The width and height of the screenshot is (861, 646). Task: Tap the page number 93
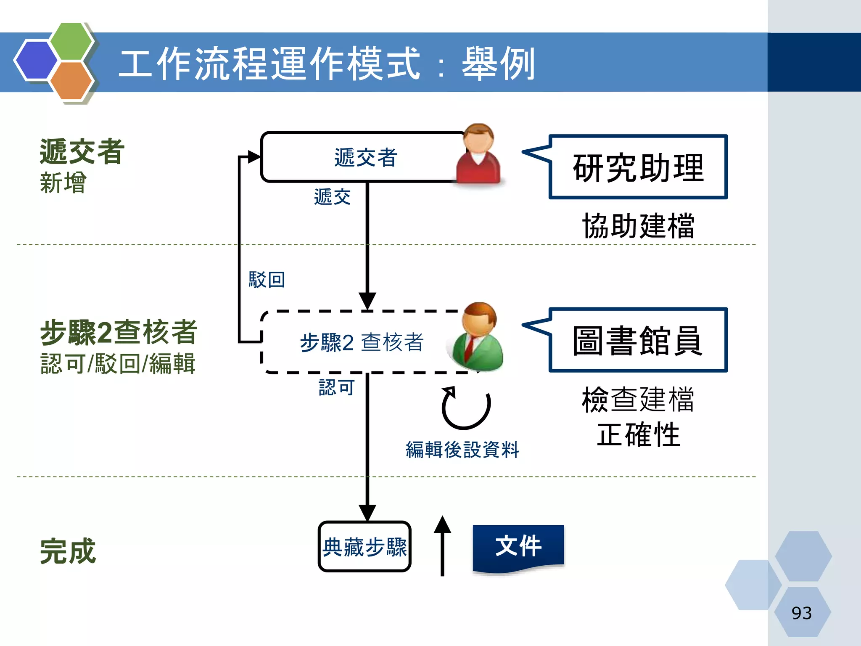[801, 613]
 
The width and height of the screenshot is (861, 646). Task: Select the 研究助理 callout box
[638, 167]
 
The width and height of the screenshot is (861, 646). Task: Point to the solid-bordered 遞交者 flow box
[362, 157]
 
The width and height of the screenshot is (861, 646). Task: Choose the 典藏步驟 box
[364, 547]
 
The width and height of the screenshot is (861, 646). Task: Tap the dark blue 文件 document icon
[518, 547]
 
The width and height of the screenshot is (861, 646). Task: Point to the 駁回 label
[267, 280]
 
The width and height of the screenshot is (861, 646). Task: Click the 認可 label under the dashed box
[336, 387]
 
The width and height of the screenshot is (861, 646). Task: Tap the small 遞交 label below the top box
[332, 197]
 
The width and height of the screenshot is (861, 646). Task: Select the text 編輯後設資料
[462, 450]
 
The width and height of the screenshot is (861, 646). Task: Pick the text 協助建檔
[638, 226]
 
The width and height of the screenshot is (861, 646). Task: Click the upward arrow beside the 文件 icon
[442, 546]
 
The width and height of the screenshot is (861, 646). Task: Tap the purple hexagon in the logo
[36, 60]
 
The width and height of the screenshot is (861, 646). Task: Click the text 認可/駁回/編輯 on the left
[118, 364]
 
